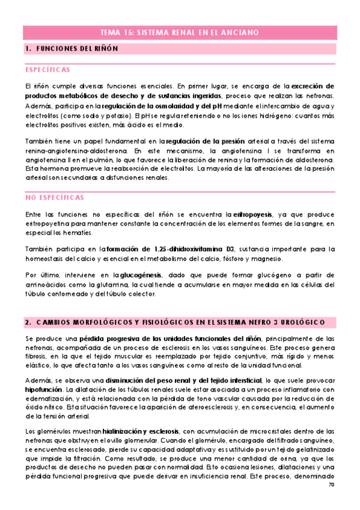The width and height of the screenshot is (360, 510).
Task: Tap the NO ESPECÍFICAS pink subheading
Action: (55, 197)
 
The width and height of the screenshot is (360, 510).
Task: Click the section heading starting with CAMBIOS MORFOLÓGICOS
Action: (180, 322)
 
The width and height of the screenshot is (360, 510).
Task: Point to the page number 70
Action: (331, 501)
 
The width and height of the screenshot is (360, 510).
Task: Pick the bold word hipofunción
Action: (41, 390)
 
